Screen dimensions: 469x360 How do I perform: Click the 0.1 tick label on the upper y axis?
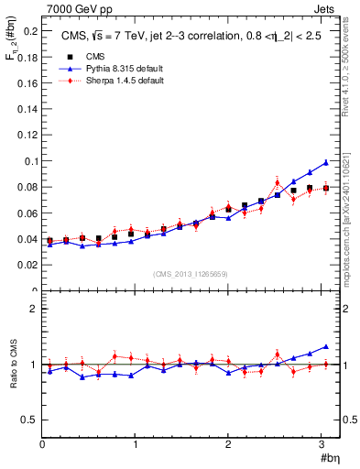click(x=28, y=161)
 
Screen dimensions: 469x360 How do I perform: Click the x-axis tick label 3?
click(x=322, y=444)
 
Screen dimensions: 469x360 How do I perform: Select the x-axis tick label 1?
click(x=136, y=444)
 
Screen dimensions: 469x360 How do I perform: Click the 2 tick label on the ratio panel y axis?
click(x=33, y=310)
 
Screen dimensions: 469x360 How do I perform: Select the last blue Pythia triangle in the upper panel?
click(x=326, y=162)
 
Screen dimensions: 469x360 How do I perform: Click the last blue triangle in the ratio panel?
click(x=326, y=347)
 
